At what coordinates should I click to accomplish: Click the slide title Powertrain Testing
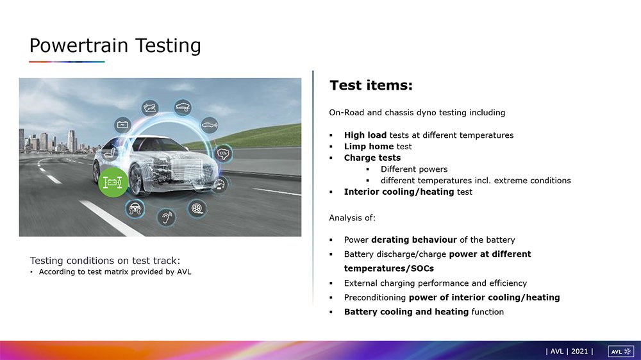pyautogui.click(x=115, y=45)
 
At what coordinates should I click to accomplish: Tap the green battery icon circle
pyautogui.click(x=113, y=183)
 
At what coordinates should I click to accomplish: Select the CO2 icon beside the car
pyautogui.click(x=223, y=154)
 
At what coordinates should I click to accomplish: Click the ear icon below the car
pyautogui.click(x=166, y=217)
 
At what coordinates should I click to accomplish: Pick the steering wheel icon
pyautogui.click(x=135, y=208)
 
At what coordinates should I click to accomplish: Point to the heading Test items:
pyautogui.click(x=371, y=85)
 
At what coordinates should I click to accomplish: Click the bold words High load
pyautogui.click(x=365, y=135)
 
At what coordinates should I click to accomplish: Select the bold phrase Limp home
pyautogui.click(x=369, y=146)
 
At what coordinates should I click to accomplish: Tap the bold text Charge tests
pyautogui.click(x=372, y=158)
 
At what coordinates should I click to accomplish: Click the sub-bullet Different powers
pyautogui.click(x=414, y=169)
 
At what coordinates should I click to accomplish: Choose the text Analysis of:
pyautogui.click(x=352, y=218)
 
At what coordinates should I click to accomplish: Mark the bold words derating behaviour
pyautogui.click(x=413, y=240)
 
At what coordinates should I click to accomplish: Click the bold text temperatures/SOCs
pyautogui.click(x=389, y=268)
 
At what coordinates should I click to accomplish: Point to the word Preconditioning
pyautogui.click(x=375, y=297)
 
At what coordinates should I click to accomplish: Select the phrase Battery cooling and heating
pyautogui.click(x=406, y=312)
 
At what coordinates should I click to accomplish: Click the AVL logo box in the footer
pyautogui.click(x=621, y=352)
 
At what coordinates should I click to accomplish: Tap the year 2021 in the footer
pyautogui.click(x=579, y=352)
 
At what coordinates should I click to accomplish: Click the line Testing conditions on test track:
pyautogui.click(x=105, y=261)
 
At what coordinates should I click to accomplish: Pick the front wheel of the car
pyautogui.click(x=138, y=181)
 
